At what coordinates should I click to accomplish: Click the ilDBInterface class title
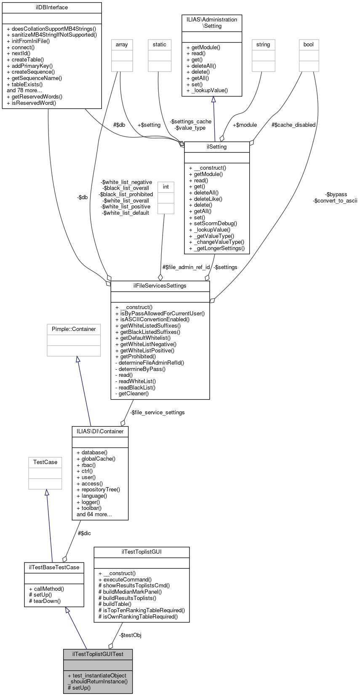[x=52, y=8]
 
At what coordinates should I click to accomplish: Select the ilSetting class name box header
[x=217, y=147]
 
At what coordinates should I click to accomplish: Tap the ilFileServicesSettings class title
[x=160, y=286]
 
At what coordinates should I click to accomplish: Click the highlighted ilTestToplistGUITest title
[x=98, y=654]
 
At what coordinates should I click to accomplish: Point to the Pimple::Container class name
[x=74, y=329]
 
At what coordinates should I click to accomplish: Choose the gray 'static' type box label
[x=160, y=45]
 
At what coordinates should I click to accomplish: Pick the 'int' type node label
[x=166, y=187]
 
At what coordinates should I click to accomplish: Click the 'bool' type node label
[x=309, y=45]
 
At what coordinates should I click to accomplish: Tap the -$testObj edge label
[x=130, y=635]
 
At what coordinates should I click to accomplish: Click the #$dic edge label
[x=84, y=533]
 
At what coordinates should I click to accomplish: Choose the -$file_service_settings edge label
[x=157, y=413]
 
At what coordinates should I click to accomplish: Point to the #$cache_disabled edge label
[x=293, y=125]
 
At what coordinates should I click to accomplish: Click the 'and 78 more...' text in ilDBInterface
[x=24, y=91]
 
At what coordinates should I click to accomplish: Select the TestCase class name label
[x=45, y=462]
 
